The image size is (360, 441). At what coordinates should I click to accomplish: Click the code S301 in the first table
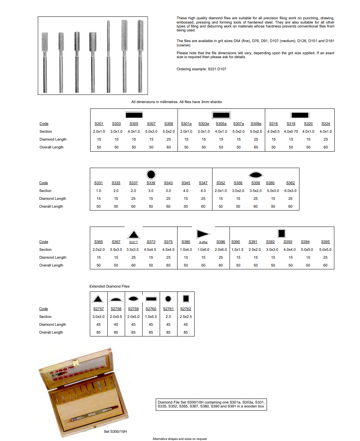(x=99, y=124)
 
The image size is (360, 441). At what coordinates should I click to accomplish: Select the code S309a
(x=256, y=124)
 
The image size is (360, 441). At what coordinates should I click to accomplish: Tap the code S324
(x=325, y=124)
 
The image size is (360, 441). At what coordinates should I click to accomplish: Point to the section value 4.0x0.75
(x=291, y=132)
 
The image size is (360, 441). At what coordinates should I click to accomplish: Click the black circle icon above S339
(x=151, y=174)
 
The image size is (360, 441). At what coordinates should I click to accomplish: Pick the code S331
(x=98, y=183)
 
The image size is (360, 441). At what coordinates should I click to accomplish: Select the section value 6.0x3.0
(x=290, y=191)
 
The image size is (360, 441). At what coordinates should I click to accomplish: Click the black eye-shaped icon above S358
(x=256, y=175)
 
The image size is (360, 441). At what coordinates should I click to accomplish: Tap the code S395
(x=325, y=242)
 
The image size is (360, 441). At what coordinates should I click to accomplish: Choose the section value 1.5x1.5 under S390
(x=237, y=250)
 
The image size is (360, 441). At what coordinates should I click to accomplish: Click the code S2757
(x=98, y=309)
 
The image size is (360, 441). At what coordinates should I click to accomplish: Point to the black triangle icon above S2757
(x=98, y=299)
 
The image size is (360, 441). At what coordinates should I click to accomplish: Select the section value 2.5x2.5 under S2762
(x=186, y=317)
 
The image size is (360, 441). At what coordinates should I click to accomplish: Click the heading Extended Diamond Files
(x=109, y=286)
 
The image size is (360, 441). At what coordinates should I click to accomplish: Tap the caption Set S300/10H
(x=115, y=432)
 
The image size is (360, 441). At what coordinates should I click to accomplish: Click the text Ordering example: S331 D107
(x=201, y=69)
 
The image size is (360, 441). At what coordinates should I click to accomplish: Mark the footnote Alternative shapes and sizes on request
(x=180, y=439)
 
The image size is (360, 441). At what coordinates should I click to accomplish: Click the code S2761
(x=168, y=309)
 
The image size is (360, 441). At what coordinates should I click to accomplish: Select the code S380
(x=186, y=242)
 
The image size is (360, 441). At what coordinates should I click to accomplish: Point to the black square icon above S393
(x=282, y=233)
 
